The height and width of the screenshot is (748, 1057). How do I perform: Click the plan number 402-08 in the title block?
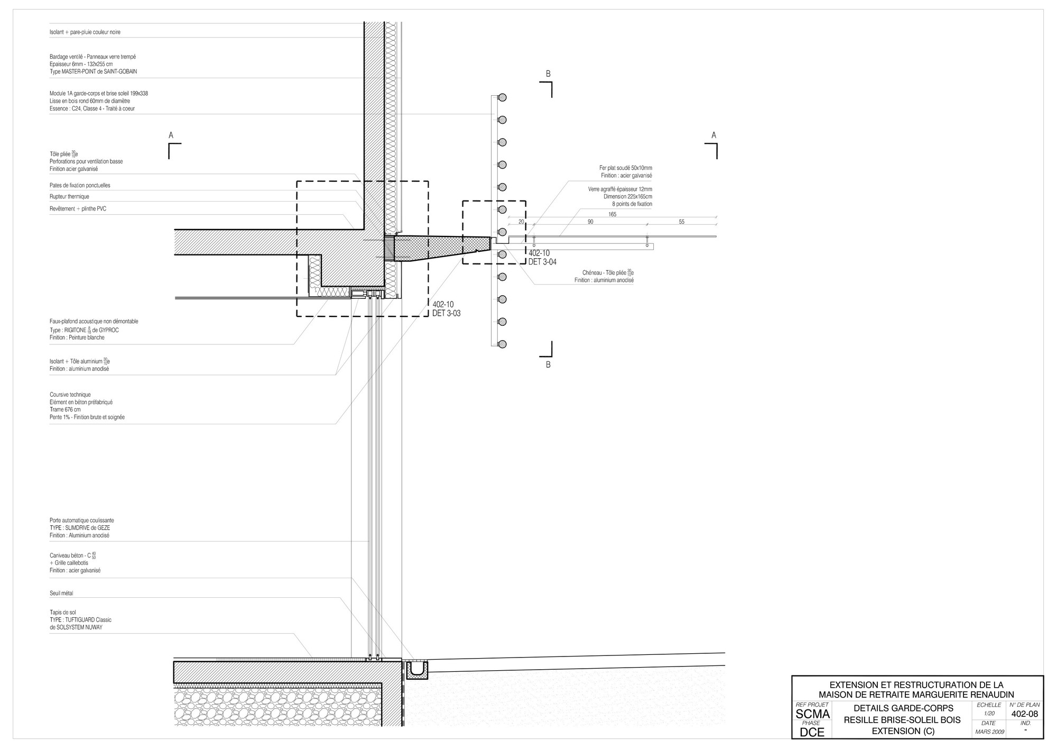coord(1025,714)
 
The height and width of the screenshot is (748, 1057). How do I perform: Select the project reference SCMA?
coord(812,715)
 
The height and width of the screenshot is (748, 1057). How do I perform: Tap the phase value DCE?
coord(812,732)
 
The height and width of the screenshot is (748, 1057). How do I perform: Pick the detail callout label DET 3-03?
coord(447,313)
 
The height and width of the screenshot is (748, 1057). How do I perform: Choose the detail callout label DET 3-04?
coord(542,262)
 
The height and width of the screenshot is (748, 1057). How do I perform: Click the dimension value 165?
coord(612,214)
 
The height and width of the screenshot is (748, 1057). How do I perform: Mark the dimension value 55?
coord(681,222)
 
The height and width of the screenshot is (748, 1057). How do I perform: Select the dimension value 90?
coord(590,222)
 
